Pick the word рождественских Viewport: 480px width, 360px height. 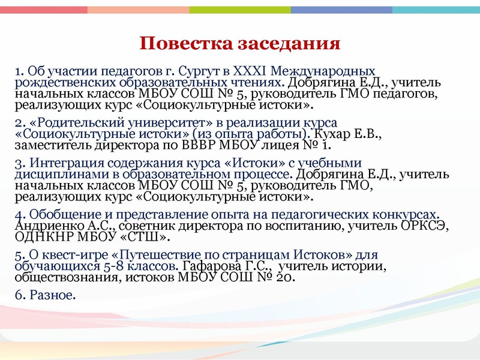point(59,82)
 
